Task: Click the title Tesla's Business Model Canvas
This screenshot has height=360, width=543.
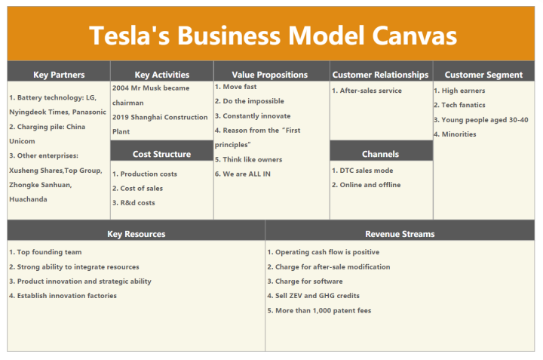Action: click(272, 35)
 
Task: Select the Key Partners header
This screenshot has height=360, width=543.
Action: click(59, 75)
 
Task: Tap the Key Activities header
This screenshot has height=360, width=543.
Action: click(162, 75)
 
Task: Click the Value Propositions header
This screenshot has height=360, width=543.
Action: click(270, 75)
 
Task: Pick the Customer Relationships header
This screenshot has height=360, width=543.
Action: click(381, 75)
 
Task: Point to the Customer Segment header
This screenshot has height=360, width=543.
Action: click(483, 75)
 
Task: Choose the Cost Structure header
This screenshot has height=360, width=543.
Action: click(162, 154)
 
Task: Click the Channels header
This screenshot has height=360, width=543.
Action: click(381, 154)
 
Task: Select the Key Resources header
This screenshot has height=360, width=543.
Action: click(137, 234)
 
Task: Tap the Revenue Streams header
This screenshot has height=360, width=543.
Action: click(400, 234)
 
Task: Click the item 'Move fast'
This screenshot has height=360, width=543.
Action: click(240, 87)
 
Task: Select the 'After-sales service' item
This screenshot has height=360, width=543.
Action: click(370, 91)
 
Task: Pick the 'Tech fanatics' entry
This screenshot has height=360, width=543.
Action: click(463, 105)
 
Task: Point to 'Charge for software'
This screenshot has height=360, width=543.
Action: click(305, 282)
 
